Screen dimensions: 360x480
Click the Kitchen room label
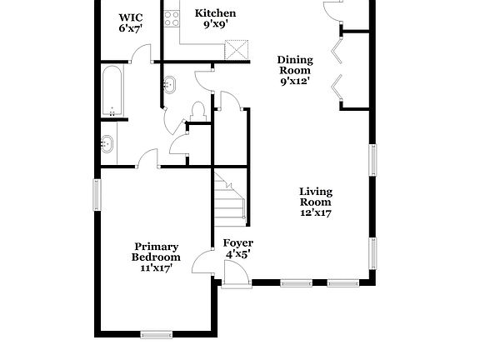click(x=215, y=13)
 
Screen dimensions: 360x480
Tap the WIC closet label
click(x=130, y=17)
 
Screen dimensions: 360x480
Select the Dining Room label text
click(x=295, y=65)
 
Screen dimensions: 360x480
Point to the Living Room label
click(x=316, y=197)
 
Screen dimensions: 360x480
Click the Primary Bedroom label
click(x=157, y=252)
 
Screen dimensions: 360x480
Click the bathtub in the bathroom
click(x=112, y=93)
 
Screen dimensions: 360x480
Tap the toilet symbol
click(x=198, y=111)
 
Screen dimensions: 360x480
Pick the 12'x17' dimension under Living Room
click(x=316, y=212)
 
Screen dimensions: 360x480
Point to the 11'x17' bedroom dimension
click(x=157, y=268)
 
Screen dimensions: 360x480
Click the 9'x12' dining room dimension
click(x=295, y=82)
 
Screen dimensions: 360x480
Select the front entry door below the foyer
click(x=237, y=276)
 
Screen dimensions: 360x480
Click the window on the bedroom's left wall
click(x=97, y=194)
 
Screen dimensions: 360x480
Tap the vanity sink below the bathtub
click(x=106, y=143)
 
